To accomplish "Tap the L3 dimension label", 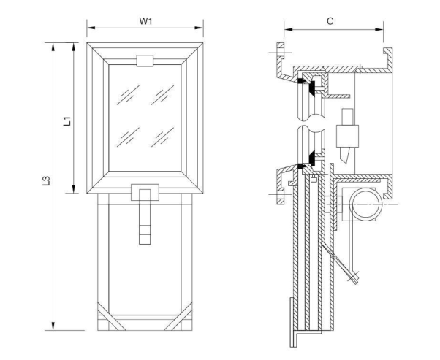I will click(x=45, y=180).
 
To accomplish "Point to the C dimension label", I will click(x=330, y=21).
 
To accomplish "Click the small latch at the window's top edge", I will click(x=145, y=58).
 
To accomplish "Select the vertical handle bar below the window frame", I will click(x=145, y=219).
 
